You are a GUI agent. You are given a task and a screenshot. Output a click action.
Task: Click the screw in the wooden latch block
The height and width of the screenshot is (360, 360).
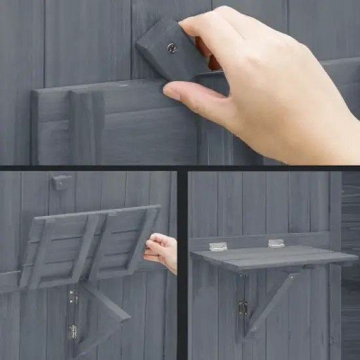coord(171,48)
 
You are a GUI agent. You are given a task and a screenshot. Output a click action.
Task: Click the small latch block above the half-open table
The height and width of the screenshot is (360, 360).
coord(62,183)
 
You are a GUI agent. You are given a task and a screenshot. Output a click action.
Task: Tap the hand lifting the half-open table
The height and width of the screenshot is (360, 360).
coord(162,251)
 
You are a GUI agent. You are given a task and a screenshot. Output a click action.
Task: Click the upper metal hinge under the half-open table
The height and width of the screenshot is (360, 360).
coord(73,297)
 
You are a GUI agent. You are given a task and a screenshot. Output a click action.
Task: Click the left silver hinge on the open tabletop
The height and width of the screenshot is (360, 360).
coord(218,246)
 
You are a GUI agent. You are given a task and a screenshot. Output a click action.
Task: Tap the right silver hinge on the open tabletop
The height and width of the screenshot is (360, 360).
coord(276,243)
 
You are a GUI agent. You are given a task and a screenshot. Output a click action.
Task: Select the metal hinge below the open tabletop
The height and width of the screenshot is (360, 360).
coord(243,308)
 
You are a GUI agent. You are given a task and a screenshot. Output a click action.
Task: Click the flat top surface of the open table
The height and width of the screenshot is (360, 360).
coord(275,256)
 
